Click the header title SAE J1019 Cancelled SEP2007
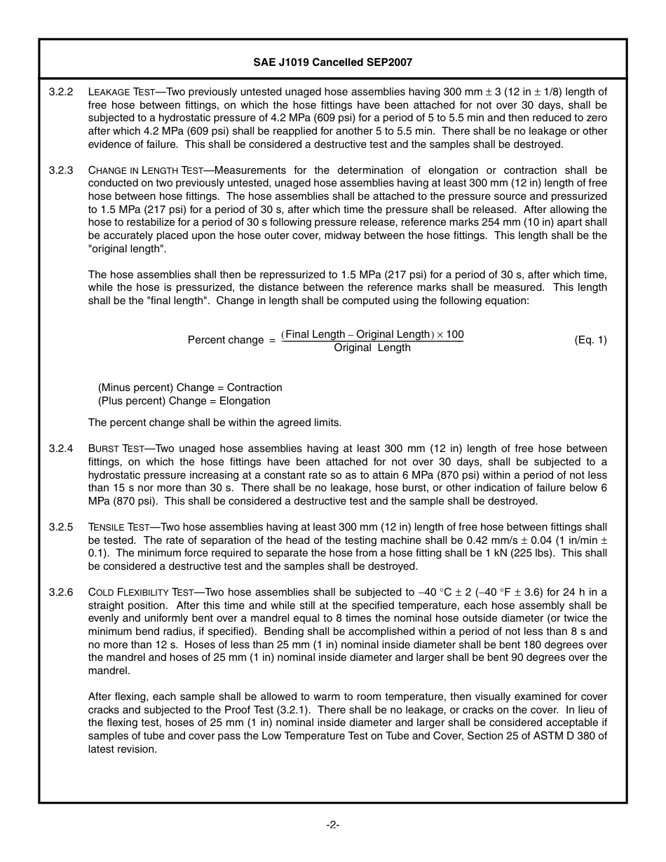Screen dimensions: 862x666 pos(332,62)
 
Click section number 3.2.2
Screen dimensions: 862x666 pos(61,92)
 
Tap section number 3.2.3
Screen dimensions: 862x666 pos(61,170)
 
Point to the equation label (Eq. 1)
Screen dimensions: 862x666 pos(590,340)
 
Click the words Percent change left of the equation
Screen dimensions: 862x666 pos(225,340)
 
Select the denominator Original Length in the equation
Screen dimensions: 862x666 pos(372,348)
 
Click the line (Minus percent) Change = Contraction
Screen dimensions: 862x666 pos(190,388)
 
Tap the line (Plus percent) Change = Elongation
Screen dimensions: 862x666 pos(184,401)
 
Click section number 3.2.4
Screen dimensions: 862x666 pos(61,449)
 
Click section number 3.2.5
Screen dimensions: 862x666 pos(61,527)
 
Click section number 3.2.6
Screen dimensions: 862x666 pos(61,592)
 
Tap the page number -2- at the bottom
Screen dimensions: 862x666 pos(332,825)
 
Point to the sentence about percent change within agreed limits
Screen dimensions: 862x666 pos(215,423)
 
